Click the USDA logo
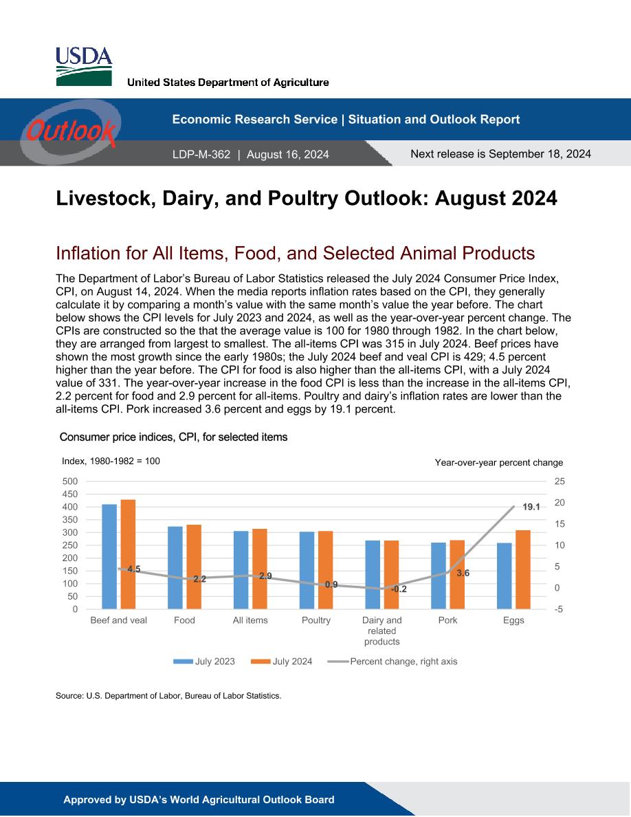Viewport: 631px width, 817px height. (x=84, y=66)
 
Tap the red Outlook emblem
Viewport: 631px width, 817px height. (x=70, y=131)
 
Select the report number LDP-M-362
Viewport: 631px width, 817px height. (x=201, y=154)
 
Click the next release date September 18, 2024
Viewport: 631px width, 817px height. (x=540, y=154)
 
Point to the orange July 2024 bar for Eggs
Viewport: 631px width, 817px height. (x=522, y=569)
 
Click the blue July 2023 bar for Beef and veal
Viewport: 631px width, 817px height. (x=109, y=556)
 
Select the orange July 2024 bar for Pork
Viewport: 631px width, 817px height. (x=457, y=575)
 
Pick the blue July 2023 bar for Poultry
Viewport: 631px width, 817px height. (x=307, y=571)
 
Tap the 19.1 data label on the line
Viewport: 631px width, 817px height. (x=531, y=507)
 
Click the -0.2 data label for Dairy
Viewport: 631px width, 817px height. (x=399, y=589)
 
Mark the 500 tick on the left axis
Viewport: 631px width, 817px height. (x=69, y=481)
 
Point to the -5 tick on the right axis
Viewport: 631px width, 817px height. (x=559, y=609)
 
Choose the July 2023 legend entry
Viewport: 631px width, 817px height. (x=204, y=661)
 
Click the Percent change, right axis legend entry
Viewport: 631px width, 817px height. (x=392, y=661)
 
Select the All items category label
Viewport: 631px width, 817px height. (x=250, y=620)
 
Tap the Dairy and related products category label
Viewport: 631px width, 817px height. (x=382, y=631)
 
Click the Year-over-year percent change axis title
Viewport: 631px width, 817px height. (x=499, y=462)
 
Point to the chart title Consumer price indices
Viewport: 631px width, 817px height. (x=173, y=437)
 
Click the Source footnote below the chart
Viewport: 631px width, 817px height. (x=168, y=695)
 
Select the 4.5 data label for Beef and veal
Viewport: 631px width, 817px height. (x=134, y=569)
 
